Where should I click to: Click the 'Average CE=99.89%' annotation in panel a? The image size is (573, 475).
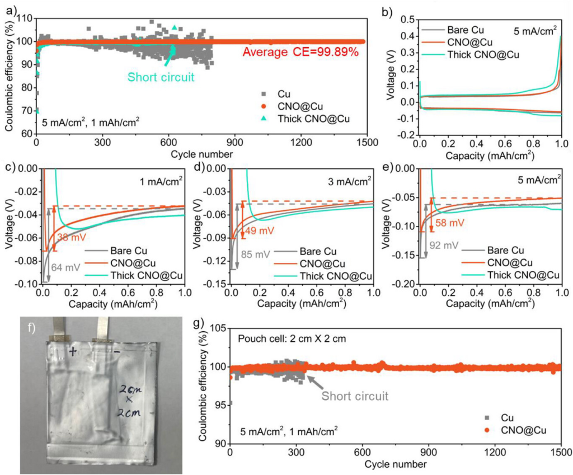(x=300, y=53)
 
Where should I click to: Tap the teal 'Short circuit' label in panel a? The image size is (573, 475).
(x=161, y=77)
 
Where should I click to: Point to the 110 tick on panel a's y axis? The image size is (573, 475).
(x=24, y=17)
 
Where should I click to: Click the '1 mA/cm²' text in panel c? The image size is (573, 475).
(x=159, y=181)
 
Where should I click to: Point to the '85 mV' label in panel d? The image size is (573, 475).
(x=256, y=253)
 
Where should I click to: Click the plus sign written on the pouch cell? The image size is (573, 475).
(x=73, y=351)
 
